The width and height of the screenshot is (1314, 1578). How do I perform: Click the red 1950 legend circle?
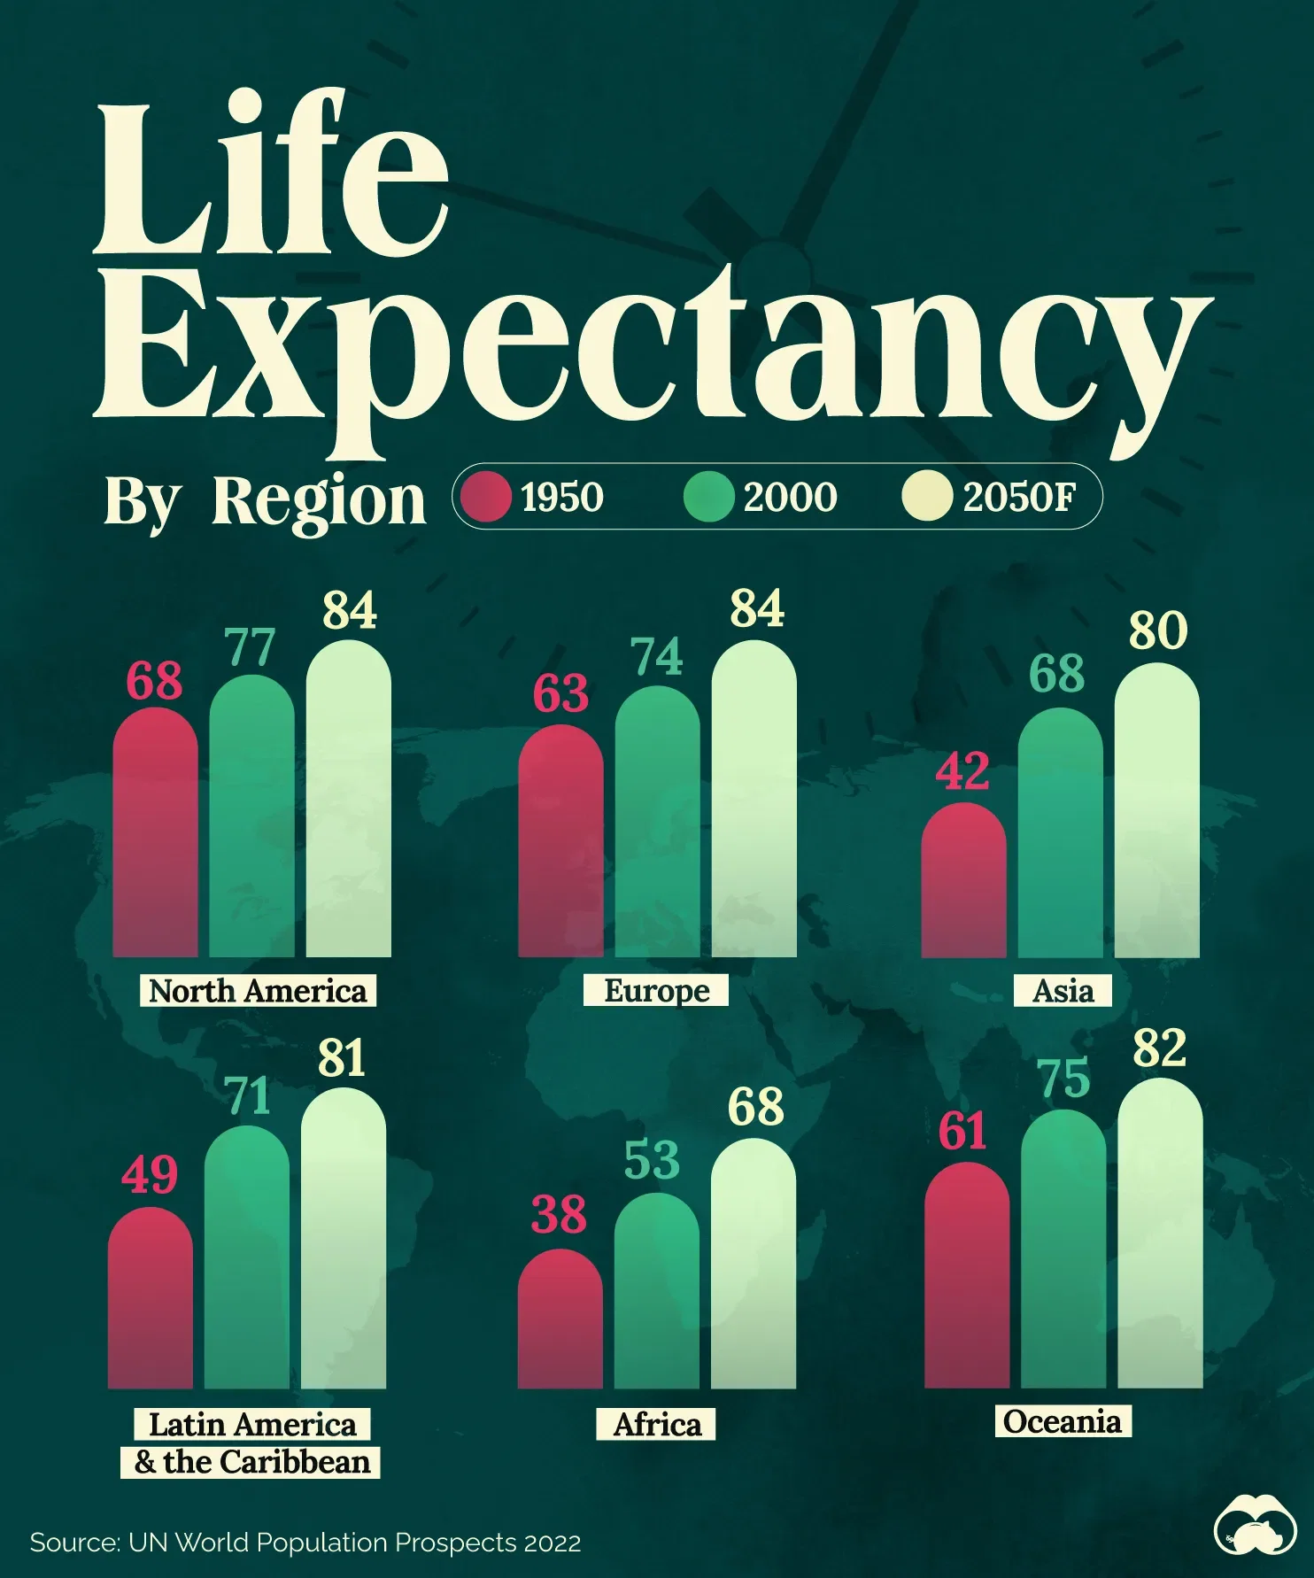(486, 496)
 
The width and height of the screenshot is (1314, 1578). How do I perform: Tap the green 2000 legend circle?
(708, 496)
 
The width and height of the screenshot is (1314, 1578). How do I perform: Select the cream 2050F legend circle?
(927, 496)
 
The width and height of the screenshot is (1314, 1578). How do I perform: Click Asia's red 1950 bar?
(963, 881)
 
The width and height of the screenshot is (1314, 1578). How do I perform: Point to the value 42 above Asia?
(962, 771)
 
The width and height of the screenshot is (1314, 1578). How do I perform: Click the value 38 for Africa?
(559, 1214)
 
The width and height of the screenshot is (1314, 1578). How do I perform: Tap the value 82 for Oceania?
(1159, 1048)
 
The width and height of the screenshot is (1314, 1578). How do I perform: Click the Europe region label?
(656, 990)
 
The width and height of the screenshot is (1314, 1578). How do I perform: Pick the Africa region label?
(656, 1424)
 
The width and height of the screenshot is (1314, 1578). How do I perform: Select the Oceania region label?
(1063, 1421)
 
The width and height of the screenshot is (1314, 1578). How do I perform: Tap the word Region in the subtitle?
(319, 501)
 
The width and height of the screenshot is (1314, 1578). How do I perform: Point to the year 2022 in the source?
(553, 1543)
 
